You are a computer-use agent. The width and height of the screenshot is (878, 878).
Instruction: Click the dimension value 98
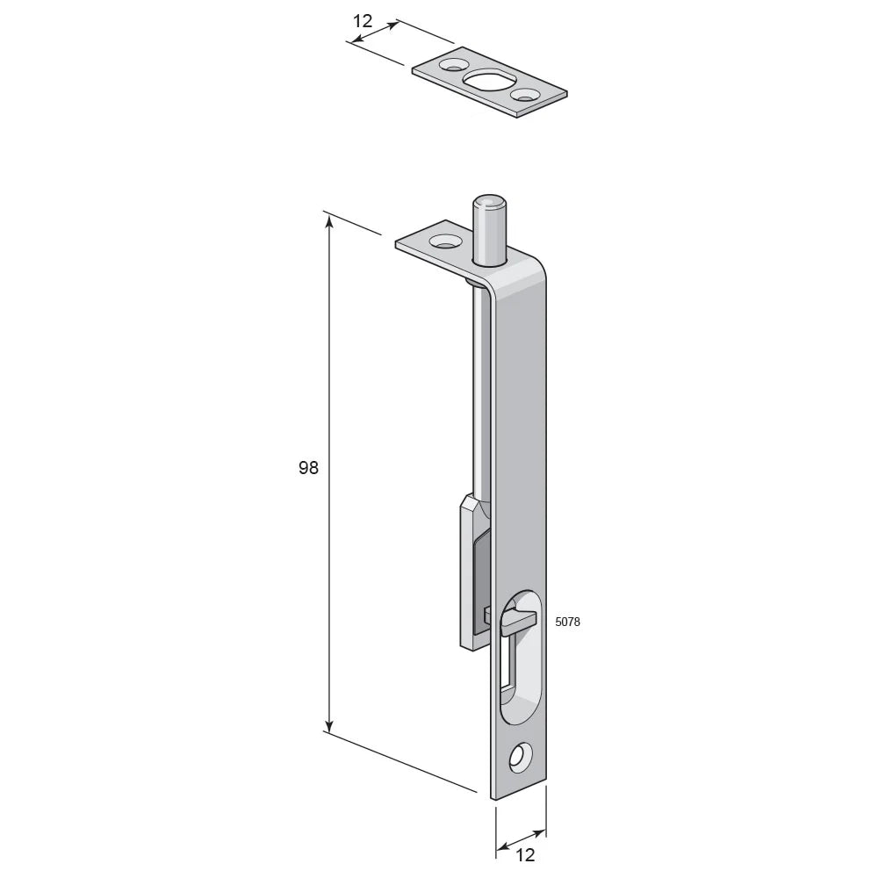[x=308, y=467]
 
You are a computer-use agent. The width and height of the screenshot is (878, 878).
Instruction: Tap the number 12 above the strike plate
[x=363, y=21]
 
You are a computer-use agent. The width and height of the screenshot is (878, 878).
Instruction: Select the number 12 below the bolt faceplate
[x=525, y=854]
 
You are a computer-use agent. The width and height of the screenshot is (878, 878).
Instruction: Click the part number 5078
[x=567, y=622]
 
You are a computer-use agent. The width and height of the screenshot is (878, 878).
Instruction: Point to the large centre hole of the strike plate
[x=486, y=81]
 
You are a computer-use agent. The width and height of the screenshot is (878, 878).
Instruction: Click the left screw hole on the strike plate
[x=451, y=66]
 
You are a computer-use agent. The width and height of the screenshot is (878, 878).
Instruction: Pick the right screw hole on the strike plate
[x=526, y=96]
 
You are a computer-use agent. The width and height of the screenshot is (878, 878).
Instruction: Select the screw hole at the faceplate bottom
[x=520, y=759]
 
